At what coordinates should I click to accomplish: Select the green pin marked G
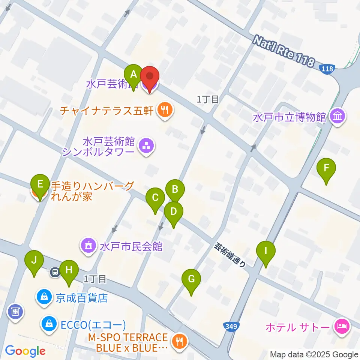point(191,280)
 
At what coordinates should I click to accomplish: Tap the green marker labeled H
point(68,270)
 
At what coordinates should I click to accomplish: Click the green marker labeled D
point(173,212)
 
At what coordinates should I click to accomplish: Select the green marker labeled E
point(40,185)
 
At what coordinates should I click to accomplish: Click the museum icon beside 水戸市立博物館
point(338,117)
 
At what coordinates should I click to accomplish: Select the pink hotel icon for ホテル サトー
point(342,327)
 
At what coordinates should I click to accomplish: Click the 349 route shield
point(232,327)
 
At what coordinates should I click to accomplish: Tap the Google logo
point(25,351)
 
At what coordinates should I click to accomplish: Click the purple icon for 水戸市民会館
point(88,246)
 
